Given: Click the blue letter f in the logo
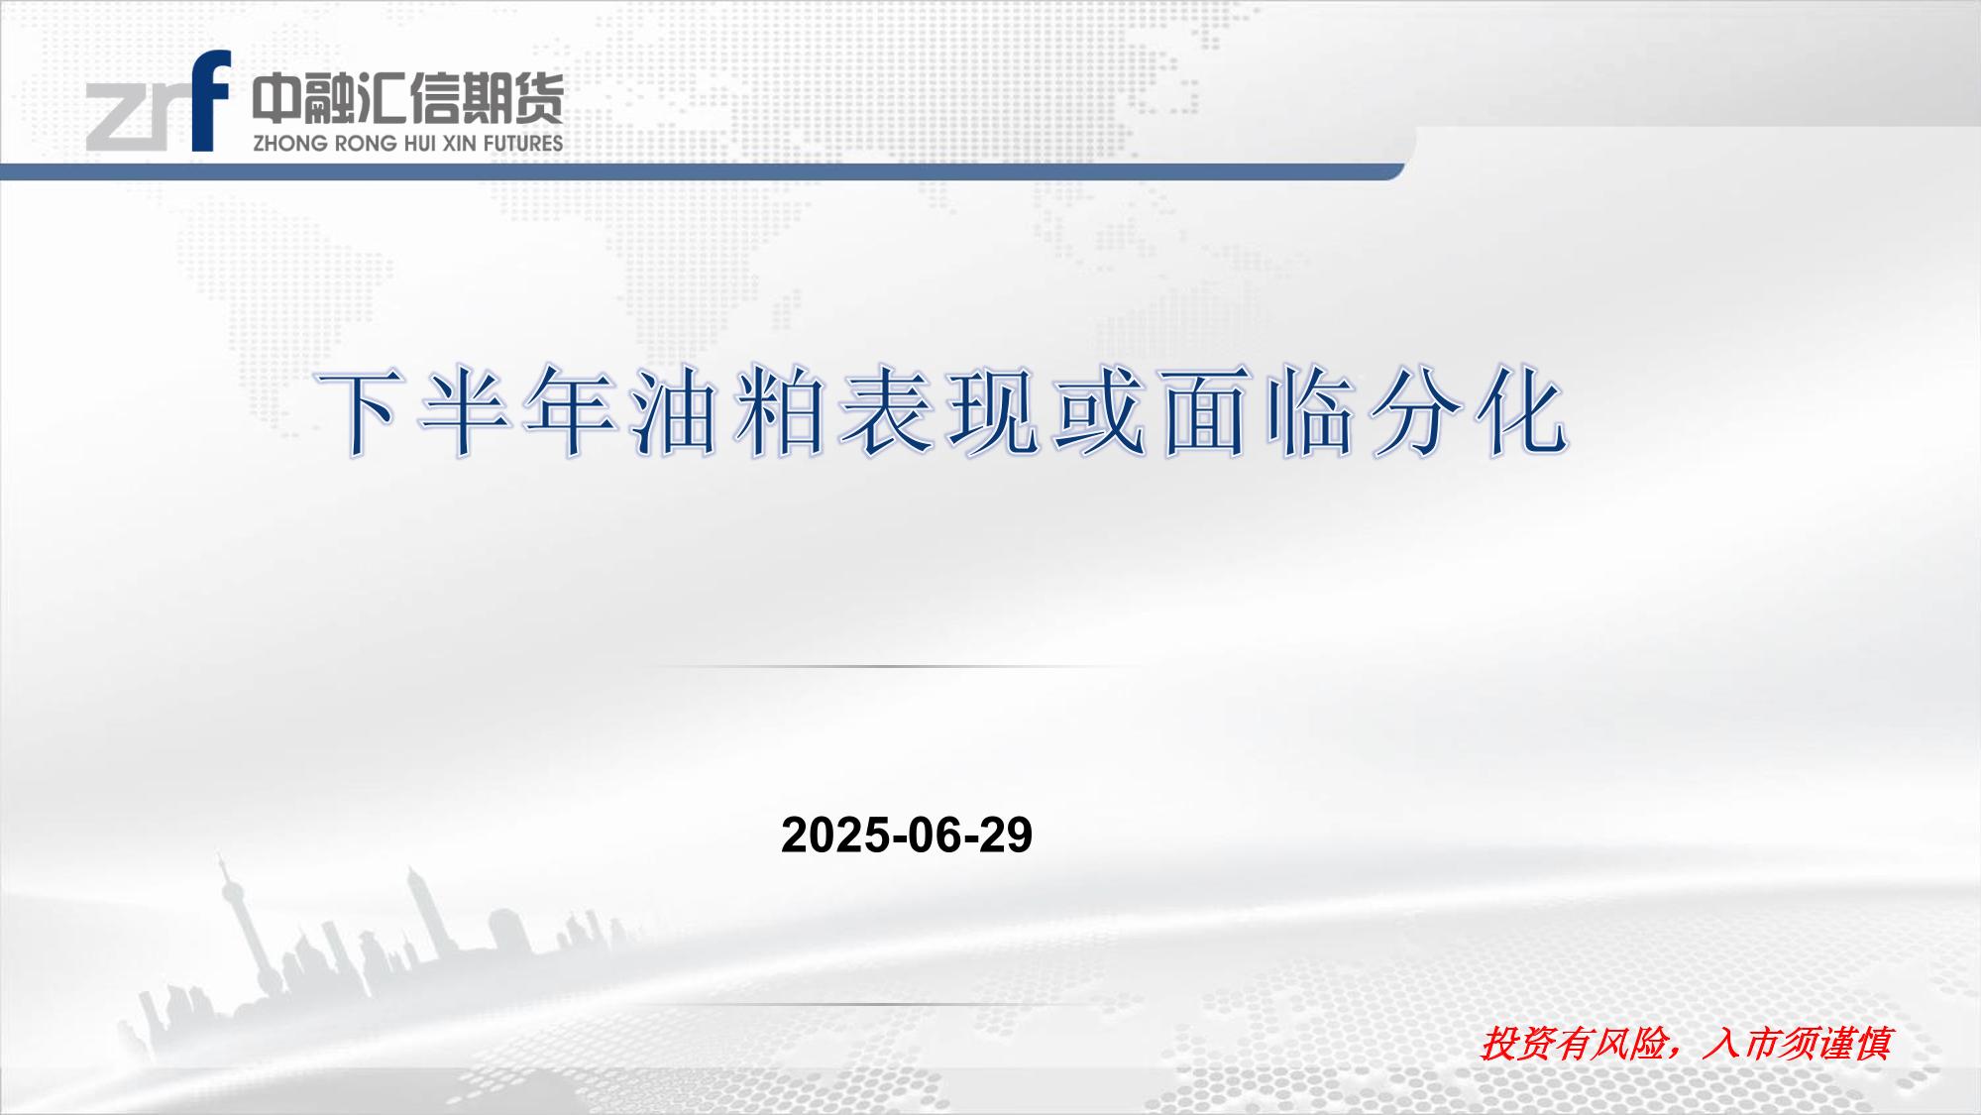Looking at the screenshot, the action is tap(211, 102).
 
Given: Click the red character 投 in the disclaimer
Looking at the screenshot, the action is tap(1499, 1044).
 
